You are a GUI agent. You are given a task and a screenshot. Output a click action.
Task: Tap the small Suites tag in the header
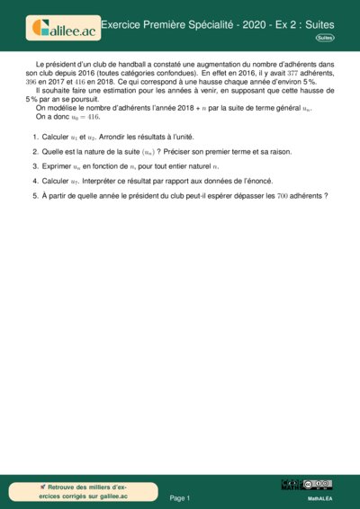tap(325, 39)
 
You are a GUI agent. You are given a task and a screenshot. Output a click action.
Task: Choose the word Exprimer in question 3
tap(58, 166)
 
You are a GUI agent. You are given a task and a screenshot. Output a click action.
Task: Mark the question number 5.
tap(35, 194)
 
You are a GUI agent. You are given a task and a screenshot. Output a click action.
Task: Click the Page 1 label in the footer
tap(180, 497)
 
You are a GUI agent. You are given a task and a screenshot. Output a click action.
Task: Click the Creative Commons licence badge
tap(319, 485)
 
